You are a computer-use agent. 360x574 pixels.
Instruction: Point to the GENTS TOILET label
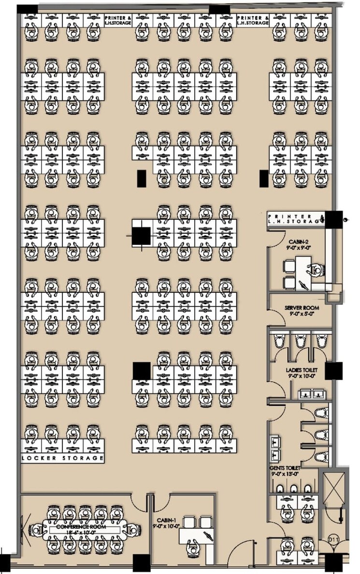point(286,468)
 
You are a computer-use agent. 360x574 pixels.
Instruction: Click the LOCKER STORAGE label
point(63,458)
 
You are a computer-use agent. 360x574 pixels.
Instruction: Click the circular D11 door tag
point(332,537)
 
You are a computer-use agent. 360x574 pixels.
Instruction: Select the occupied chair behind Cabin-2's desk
point(317,270)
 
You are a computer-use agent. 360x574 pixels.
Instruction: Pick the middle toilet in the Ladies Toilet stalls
point(300,341)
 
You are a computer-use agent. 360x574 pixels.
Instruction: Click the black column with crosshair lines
point(142,236)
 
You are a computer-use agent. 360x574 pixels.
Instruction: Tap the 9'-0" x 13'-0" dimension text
point(286,475)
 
